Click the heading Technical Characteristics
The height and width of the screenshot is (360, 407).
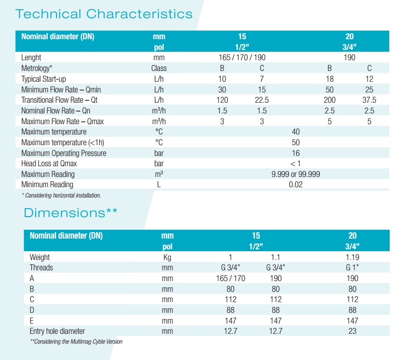point(104,14)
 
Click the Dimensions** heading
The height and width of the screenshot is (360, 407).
point(71,213)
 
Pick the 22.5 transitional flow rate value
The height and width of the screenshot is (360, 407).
point(262,100)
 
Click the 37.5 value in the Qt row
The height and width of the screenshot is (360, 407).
point(369,100)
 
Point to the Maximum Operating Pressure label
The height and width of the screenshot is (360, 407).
point(64,153)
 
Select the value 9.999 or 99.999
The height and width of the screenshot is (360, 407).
point(295,174)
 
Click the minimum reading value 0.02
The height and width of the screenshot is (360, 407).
point(295,184)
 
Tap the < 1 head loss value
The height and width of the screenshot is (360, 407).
point(295,163)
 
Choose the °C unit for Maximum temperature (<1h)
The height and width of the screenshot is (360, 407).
point(159,142)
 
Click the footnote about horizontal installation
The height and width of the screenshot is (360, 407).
point(61,195)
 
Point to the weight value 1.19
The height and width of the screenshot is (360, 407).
point(352,257)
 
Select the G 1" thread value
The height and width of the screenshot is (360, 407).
point(352,268)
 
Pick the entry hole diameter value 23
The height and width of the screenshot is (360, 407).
point(352,331)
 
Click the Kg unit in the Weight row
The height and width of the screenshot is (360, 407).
point(167,257)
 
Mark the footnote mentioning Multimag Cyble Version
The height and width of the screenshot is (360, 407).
point(76,341)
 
